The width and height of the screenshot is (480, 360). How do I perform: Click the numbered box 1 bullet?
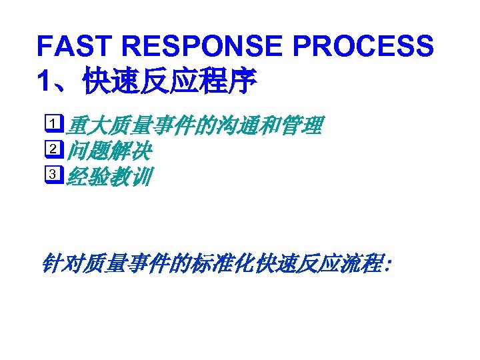[x=55, y=125]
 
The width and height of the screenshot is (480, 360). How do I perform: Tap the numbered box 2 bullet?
[x=55, y=151]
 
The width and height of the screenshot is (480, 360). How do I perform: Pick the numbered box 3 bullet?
[x=55, y=176]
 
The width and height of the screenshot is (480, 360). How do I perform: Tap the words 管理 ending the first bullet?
[x=303, y=125]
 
